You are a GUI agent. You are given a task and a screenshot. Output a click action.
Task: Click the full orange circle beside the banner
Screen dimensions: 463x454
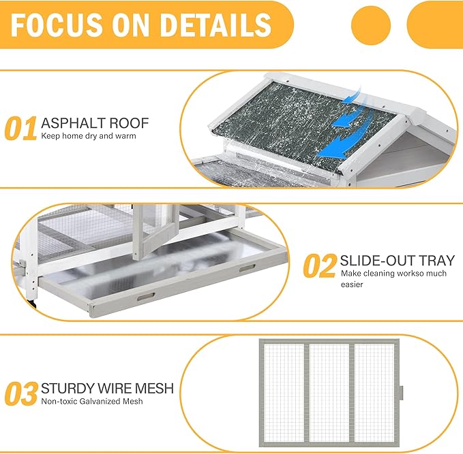point(371,25)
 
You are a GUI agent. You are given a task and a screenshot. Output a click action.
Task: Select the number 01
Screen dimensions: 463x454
point(20,128)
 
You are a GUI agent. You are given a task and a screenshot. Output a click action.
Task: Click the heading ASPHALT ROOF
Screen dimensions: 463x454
point(95,123)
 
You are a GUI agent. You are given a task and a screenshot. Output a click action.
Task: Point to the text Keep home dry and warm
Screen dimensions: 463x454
point(89,136)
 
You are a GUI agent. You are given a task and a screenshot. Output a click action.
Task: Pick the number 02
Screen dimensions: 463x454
point(320,266)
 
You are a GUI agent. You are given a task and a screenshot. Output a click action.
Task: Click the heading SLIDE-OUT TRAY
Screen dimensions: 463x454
point(398,261)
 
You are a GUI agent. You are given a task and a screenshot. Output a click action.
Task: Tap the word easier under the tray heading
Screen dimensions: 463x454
point(352,285)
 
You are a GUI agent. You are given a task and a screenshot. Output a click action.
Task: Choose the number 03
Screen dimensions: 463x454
point(21,394)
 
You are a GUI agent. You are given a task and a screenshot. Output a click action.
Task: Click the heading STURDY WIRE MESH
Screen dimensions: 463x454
point(107,389)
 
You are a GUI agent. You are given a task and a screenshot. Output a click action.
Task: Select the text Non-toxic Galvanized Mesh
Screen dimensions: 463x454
point(92,401)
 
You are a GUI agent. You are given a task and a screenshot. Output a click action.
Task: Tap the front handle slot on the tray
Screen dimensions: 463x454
point(146,297)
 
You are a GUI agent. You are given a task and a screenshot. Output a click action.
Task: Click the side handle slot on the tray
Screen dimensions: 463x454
point(248,268)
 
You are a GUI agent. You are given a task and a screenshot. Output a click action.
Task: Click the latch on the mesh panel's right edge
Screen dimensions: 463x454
point(401,393)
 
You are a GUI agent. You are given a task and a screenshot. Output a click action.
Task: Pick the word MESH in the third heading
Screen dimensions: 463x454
point(154,389)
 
